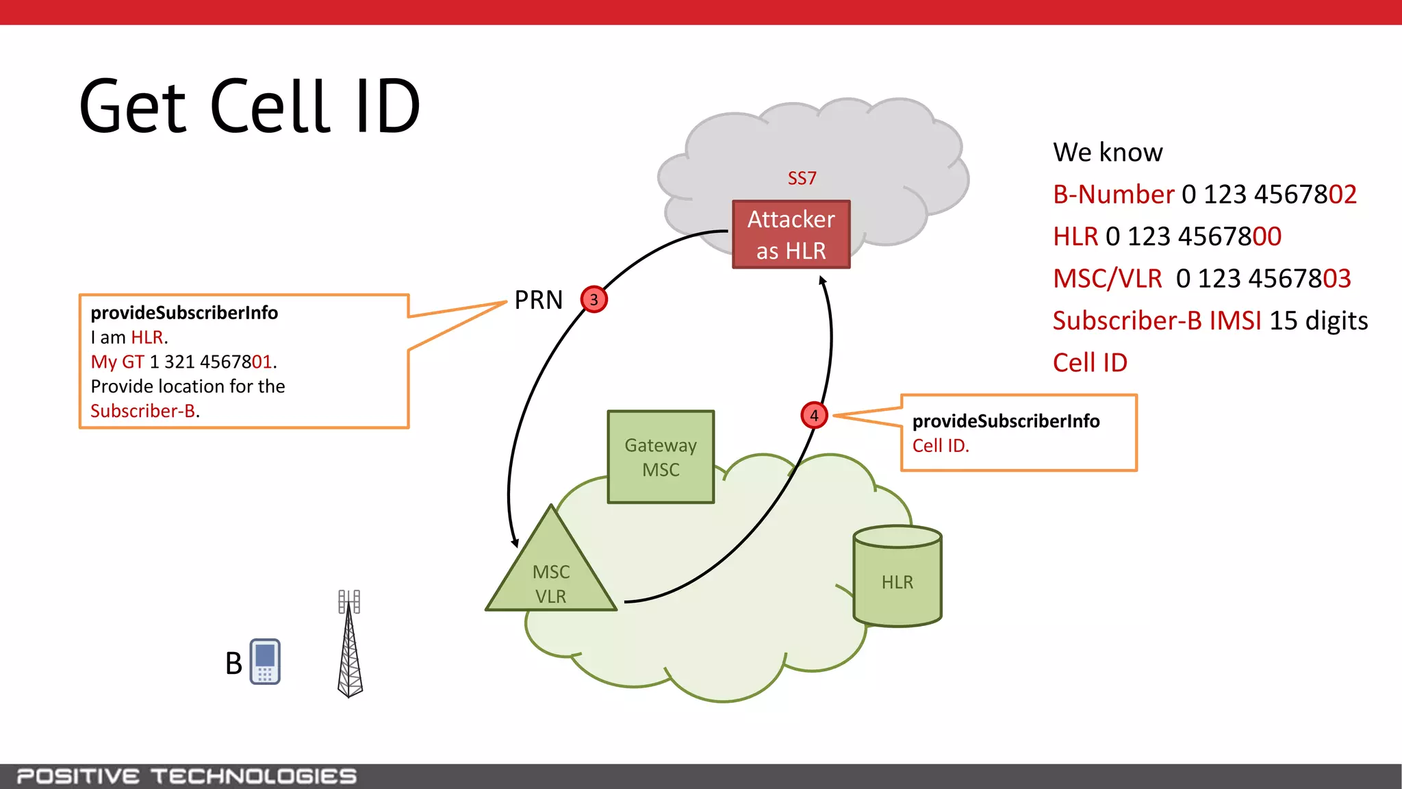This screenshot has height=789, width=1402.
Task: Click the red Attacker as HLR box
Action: tap(791, 234)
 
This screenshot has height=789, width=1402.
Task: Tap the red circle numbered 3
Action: tap(594, 299)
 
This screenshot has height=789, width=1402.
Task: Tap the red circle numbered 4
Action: tap(814, 415)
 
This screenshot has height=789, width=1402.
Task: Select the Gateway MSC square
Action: tap(661, 457)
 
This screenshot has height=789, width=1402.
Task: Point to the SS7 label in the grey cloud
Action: tap(802, 178)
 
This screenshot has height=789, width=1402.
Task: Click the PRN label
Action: tap(538, 300)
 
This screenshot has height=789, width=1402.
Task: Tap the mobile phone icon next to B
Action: tap(265, 662)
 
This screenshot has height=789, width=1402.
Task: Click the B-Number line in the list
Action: tap(1203, 195)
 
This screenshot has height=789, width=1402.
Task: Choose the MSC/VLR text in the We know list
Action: tap(1107, 279)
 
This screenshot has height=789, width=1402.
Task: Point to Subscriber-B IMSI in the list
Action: tap(1156, 321)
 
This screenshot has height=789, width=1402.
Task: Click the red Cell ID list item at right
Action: tap(1089, 363)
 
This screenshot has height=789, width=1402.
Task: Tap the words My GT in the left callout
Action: tap(117, 362)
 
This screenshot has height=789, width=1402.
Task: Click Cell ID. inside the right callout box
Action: tap(941, 446)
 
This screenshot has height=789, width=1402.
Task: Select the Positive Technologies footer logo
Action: tap(186, 776)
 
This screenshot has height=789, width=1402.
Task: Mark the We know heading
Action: tap(1107, 152)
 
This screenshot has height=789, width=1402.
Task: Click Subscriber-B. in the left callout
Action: tap(144, 411)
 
